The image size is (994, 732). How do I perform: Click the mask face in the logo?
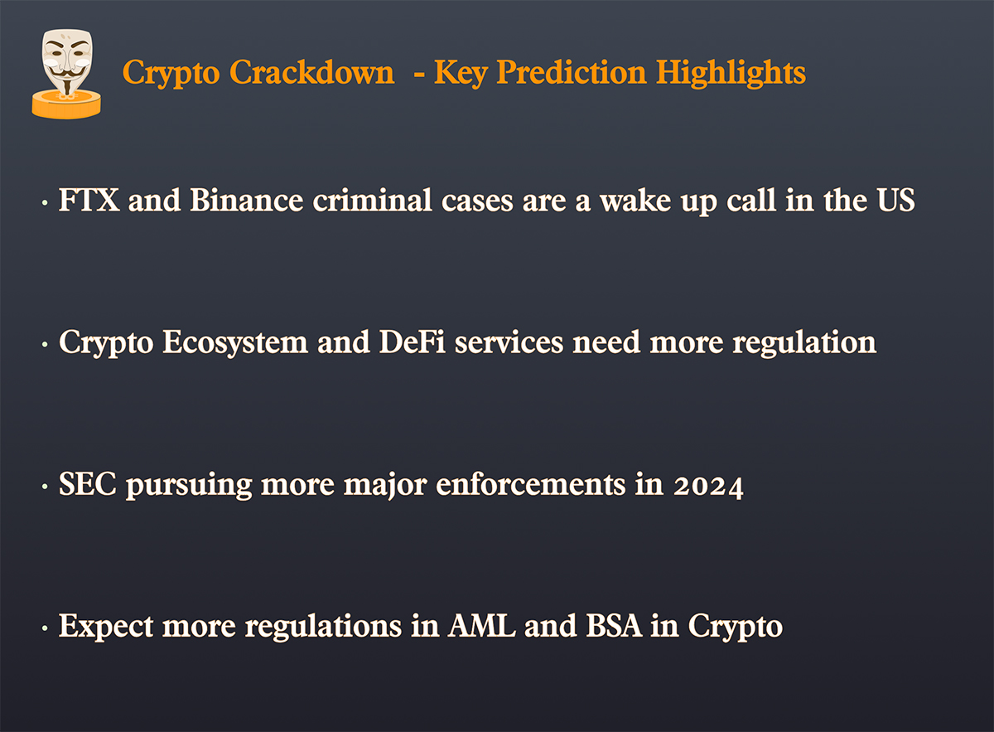67,61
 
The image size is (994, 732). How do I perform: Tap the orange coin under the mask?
66,104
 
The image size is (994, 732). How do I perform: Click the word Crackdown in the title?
311,72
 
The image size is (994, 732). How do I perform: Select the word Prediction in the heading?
571,72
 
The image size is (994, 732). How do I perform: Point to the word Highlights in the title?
731,73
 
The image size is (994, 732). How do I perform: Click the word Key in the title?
461,73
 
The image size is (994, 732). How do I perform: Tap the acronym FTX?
89,200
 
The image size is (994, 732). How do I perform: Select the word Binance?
247,200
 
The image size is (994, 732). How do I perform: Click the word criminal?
372,200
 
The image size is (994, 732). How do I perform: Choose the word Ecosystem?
235,343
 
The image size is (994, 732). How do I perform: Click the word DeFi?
413,342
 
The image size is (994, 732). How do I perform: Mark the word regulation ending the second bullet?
804,343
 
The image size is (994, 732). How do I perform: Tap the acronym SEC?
88,484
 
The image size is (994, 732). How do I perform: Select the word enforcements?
531,484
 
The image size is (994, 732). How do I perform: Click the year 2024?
708,486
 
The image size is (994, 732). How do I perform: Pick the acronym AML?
481,626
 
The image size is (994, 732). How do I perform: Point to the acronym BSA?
614,626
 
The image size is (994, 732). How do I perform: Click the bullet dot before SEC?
45,487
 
